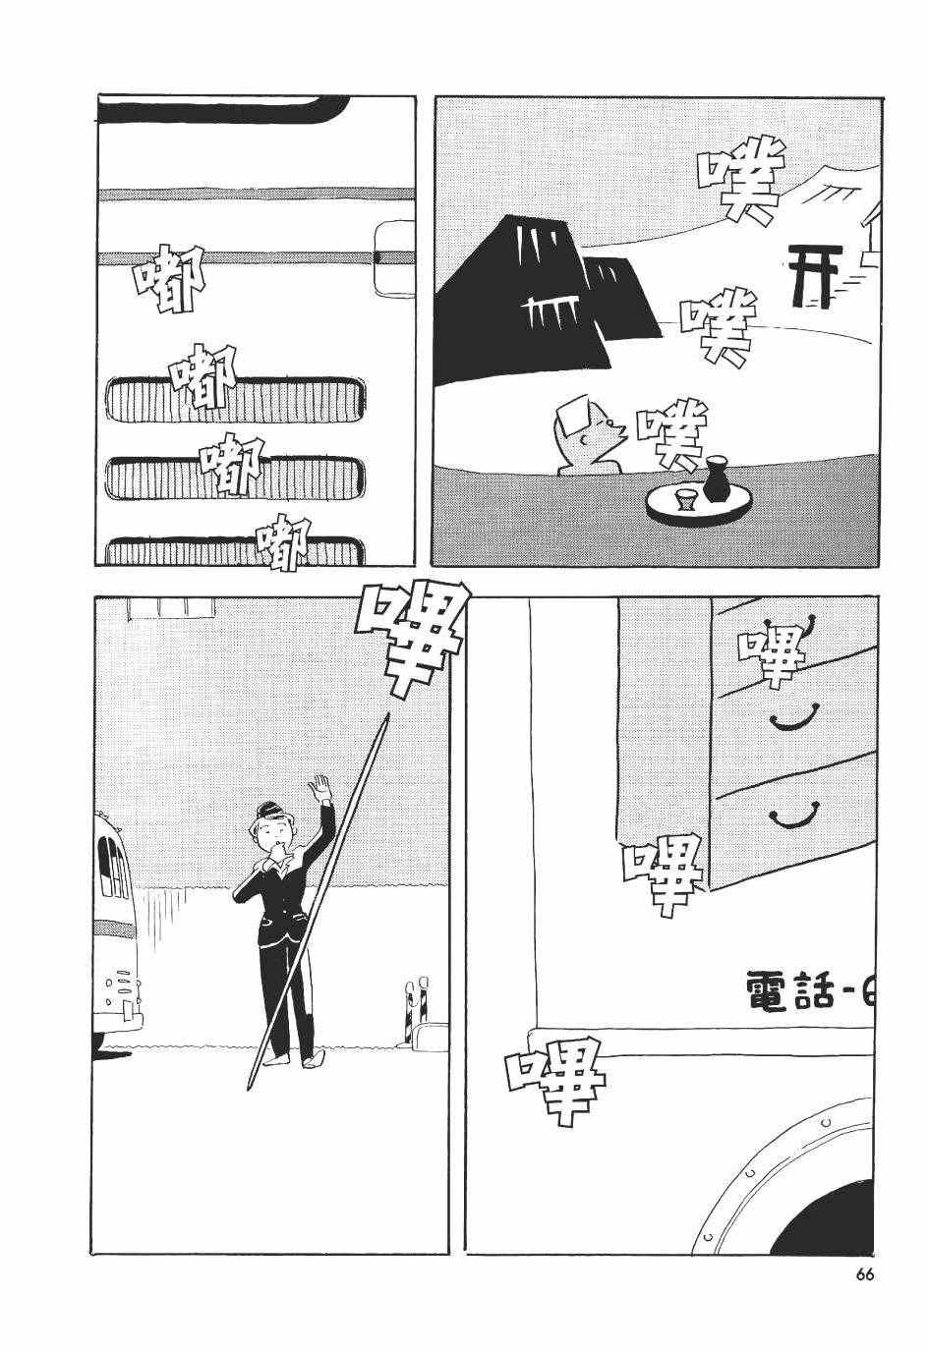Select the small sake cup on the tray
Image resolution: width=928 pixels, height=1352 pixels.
(685, 499)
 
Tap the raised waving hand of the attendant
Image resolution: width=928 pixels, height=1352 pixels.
(319, 788)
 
